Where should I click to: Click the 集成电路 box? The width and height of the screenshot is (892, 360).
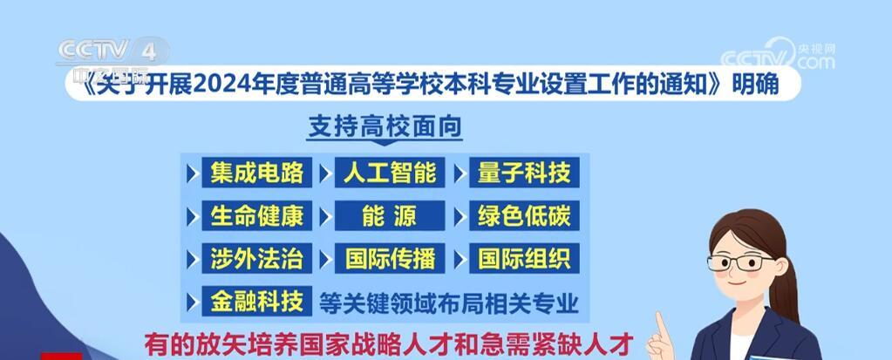[256, 173]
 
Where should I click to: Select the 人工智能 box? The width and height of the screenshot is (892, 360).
[390, 173]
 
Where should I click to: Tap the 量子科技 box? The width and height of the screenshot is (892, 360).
[524, 173]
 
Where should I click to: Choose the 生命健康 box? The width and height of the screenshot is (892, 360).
[256, 215]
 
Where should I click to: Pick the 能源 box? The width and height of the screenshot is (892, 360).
[390, 215]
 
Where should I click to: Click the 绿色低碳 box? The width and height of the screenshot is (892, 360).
[524, 215]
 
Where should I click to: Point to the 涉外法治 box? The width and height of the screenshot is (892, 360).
[256, 258]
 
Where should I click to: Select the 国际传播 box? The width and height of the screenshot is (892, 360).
[390, 258]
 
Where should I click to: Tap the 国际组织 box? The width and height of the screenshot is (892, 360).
[524, 258]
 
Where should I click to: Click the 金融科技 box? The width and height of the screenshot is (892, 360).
[256, 301]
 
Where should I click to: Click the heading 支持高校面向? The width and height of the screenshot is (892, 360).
[385, 126]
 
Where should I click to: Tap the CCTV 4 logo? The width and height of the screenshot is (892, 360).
[112, 52]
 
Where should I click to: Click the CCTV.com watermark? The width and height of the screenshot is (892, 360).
[777, 55]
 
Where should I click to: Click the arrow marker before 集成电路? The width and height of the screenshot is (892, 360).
[192, 173]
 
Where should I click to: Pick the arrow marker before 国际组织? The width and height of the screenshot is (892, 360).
[460, 259]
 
